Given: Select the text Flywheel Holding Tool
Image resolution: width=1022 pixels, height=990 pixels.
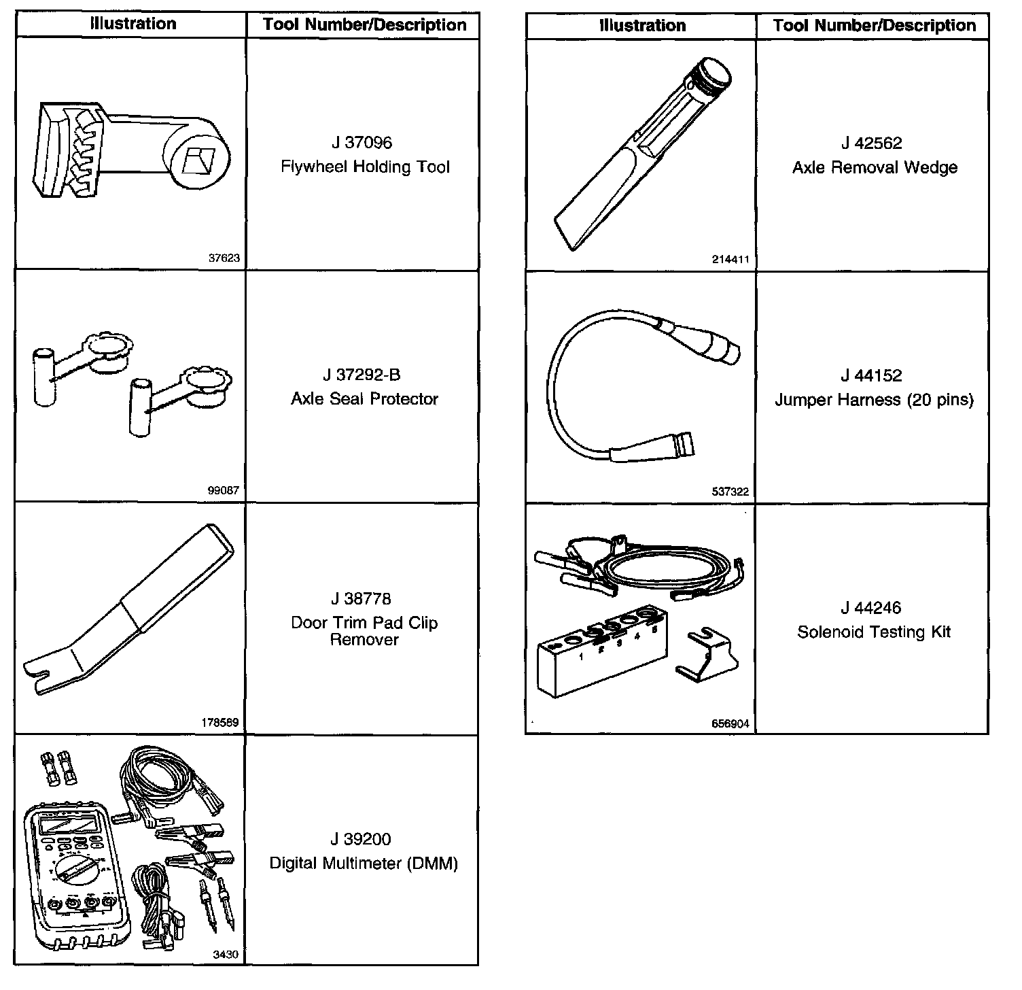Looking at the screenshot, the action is pos(365,167).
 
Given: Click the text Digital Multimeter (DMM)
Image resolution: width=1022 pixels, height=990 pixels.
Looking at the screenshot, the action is pos(364,864).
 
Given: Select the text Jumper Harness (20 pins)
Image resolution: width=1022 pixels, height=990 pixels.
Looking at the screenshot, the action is pos(874,400).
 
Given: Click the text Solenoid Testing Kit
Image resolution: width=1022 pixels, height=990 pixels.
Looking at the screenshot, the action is pos(874,632).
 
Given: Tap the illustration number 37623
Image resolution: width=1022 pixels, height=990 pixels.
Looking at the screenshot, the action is pos(224,258).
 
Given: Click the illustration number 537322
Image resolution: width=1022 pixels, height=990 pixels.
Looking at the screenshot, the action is pos(730,492).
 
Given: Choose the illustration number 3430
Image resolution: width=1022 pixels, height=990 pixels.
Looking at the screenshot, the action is pos(226,955).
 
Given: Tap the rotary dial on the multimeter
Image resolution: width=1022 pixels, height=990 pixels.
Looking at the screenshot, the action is pos(75,871).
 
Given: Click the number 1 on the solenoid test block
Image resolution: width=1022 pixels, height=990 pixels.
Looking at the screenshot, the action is pos(581,657).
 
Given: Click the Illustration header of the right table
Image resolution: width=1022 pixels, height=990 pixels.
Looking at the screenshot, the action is pos(641,26).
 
